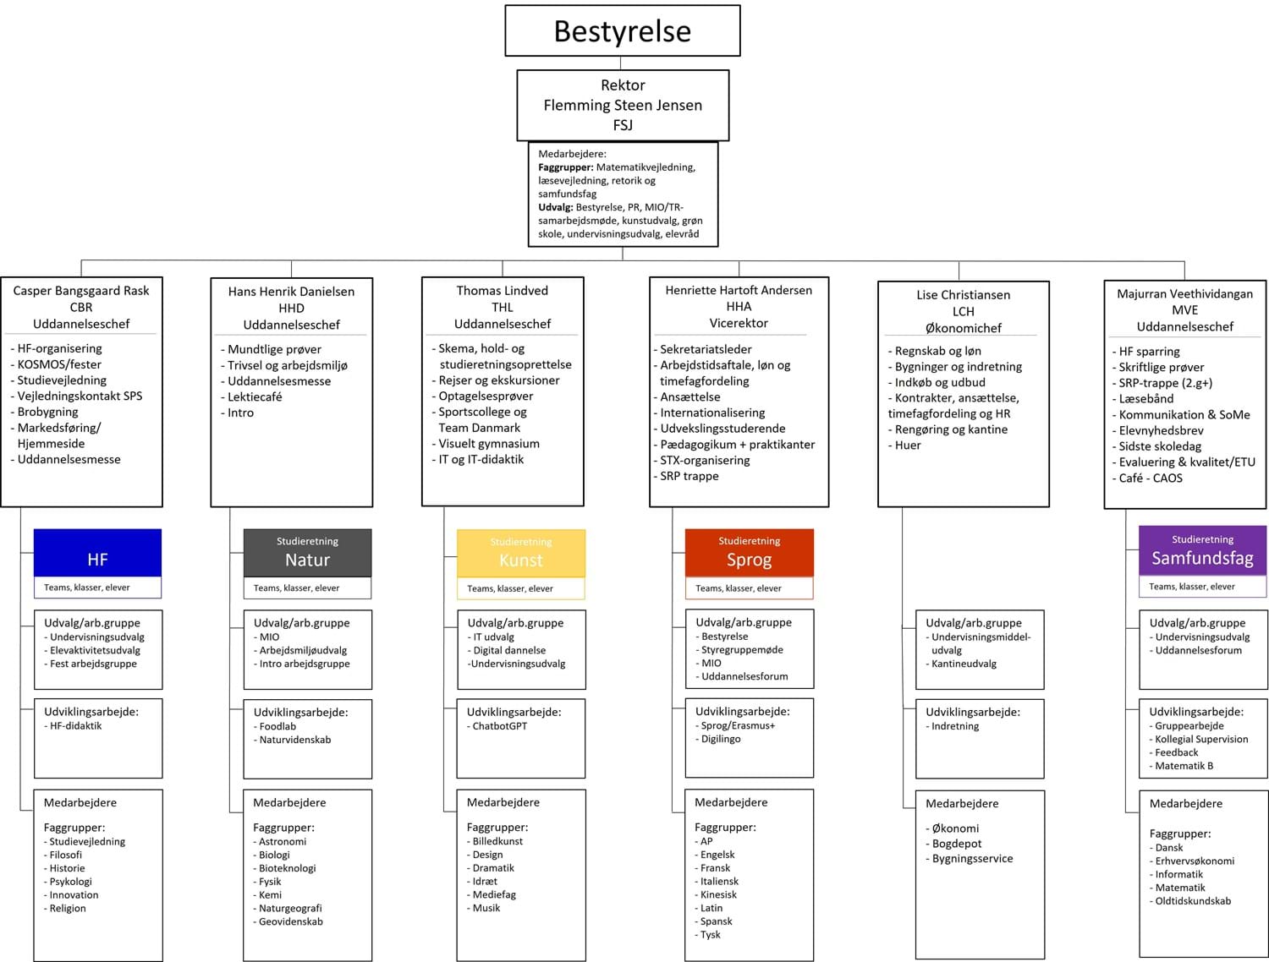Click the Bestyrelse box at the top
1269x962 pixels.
tap(622, 30)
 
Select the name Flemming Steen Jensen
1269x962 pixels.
tap(623, 105)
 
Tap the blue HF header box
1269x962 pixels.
tap(97, 553)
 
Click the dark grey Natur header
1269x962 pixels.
tap(307, 553)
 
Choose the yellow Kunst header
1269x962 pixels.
tap(521, 553)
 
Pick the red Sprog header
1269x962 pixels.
tap(750, 553)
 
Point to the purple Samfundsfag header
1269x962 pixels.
tap(1202, 550)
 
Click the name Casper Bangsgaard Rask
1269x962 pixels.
tap(81, 291)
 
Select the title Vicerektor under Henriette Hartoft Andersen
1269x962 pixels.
tap(739, 323)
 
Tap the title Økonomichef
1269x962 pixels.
tap(963, 328)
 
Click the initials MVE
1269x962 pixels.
tap(1184, 310)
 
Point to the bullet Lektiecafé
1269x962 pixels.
tap(251, 396)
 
